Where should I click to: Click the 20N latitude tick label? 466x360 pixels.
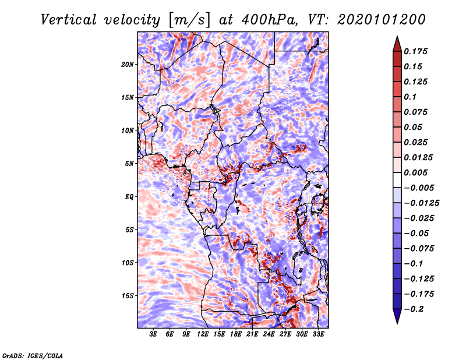coord(127,64)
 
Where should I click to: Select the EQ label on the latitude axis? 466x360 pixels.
coord(129,197)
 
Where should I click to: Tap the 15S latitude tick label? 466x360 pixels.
coord(127,296)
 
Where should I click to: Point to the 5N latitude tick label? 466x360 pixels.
coord(129,164)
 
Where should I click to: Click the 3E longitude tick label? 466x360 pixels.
coord(153,334)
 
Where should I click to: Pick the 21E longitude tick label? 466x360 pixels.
coord(252,334)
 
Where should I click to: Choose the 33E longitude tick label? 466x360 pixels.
coord(318,334)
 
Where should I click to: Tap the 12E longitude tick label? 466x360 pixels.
coord(203,334)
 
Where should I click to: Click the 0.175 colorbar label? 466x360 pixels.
coord(415,51)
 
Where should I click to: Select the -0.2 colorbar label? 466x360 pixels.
coord(414,309)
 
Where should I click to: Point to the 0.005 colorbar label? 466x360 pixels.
coord(415,172)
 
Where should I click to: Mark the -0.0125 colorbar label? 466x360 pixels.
coord(421,203)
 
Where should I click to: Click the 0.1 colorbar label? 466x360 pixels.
coord(410,97)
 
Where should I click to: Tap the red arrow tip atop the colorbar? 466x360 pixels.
coord(397,36)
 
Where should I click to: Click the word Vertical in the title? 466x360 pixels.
coord(69,20)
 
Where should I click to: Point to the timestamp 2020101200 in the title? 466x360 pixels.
coord(382,20)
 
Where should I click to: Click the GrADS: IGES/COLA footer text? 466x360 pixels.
coord(33,356)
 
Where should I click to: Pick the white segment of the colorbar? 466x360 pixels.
coord(397,180)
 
